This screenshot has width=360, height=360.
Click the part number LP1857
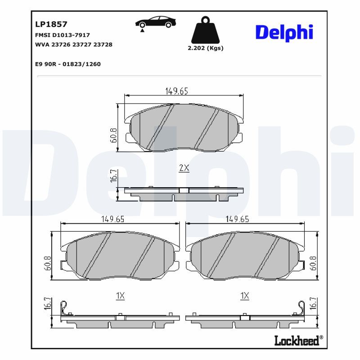click(51, 24)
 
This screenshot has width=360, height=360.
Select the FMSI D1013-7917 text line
click(62, 35)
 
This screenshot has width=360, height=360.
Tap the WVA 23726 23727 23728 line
click(73, 45)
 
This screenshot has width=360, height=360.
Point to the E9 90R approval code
click(67, 64)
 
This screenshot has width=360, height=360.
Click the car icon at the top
click(156, 22)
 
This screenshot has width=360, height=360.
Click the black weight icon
click(205, 30)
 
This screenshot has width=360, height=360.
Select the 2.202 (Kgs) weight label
click(205, 48)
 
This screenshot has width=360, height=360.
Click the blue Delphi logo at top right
click(284, 32)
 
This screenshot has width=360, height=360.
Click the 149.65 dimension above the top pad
click(176, 91)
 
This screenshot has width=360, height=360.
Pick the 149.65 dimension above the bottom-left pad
click(112, 219)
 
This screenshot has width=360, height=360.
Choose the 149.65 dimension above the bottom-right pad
click(237, 219)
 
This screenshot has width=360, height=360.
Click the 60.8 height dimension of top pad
click(113, 135)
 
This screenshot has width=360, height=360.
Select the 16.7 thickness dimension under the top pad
click(113, 175)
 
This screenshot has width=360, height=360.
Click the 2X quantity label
click(184, 168)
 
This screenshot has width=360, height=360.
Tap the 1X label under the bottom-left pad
click(120, 296)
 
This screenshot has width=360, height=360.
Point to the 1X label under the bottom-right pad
click(244, 296)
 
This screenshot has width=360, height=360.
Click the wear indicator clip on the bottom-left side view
click(66, 307)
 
